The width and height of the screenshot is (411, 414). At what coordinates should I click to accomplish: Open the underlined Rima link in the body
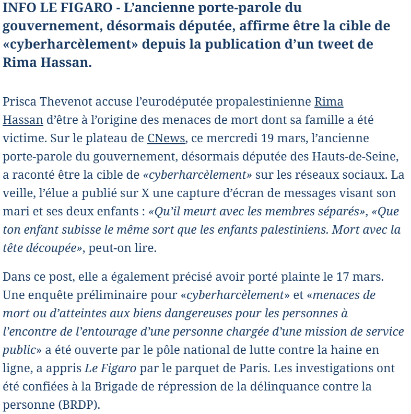coord(328,102)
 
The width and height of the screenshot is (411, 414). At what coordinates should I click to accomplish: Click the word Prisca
coord(19,102)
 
